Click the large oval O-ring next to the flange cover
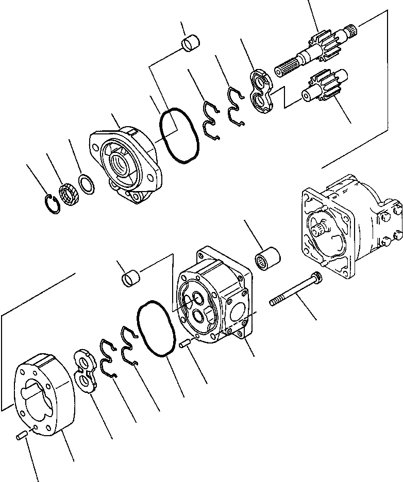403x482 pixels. click(179, 135)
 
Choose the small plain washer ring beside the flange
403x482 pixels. click(86, 184)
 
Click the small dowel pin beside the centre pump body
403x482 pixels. click(187, 344)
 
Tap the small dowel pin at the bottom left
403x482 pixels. click(21, 436)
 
